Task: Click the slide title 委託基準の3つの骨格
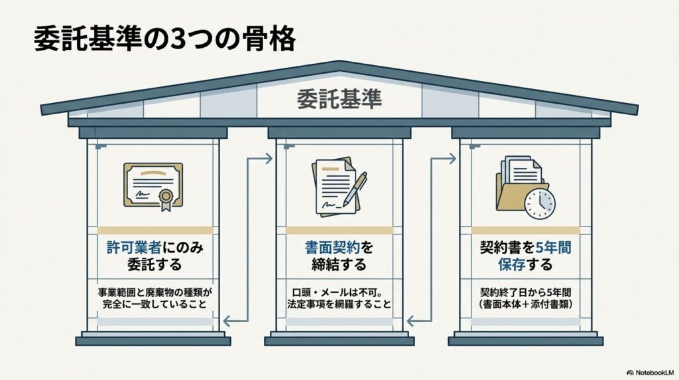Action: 165,39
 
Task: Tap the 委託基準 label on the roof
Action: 339,99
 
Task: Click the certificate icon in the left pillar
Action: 153,187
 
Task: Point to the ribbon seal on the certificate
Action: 166,199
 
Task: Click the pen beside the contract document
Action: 355,189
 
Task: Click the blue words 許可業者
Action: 134,248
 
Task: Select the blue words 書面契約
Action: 332,248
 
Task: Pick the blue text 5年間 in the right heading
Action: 554,248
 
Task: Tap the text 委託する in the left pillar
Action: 154,264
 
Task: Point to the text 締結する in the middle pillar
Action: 339,264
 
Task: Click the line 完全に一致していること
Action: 154,304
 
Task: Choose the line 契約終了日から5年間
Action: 525,292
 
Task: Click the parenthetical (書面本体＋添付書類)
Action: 525,304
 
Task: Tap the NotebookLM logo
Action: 650,373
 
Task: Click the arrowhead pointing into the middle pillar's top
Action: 269,158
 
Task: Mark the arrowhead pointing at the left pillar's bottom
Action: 227,322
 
